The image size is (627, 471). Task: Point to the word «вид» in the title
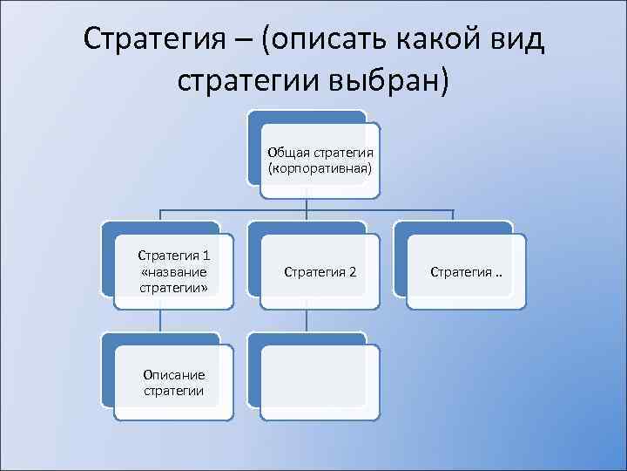[x=518, y=40]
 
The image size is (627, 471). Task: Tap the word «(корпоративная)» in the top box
[x=320, y=166]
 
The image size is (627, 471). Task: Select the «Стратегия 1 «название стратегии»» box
[x=173, y=271]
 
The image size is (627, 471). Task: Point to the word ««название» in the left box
[x=173, y=271]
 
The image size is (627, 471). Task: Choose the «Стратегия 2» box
[x=320, y=271]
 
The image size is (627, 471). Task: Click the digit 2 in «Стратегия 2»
[x=352, y=272]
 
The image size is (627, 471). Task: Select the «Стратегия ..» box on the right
[x=466, y=271]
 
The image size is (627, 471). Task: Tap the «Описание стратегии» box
[x=173, y=382]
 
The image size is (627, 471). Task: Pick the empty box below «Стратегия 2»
[x=320, y=382]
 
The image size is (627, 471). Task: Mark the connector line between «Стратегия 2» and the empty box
[x=307, y=319]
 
